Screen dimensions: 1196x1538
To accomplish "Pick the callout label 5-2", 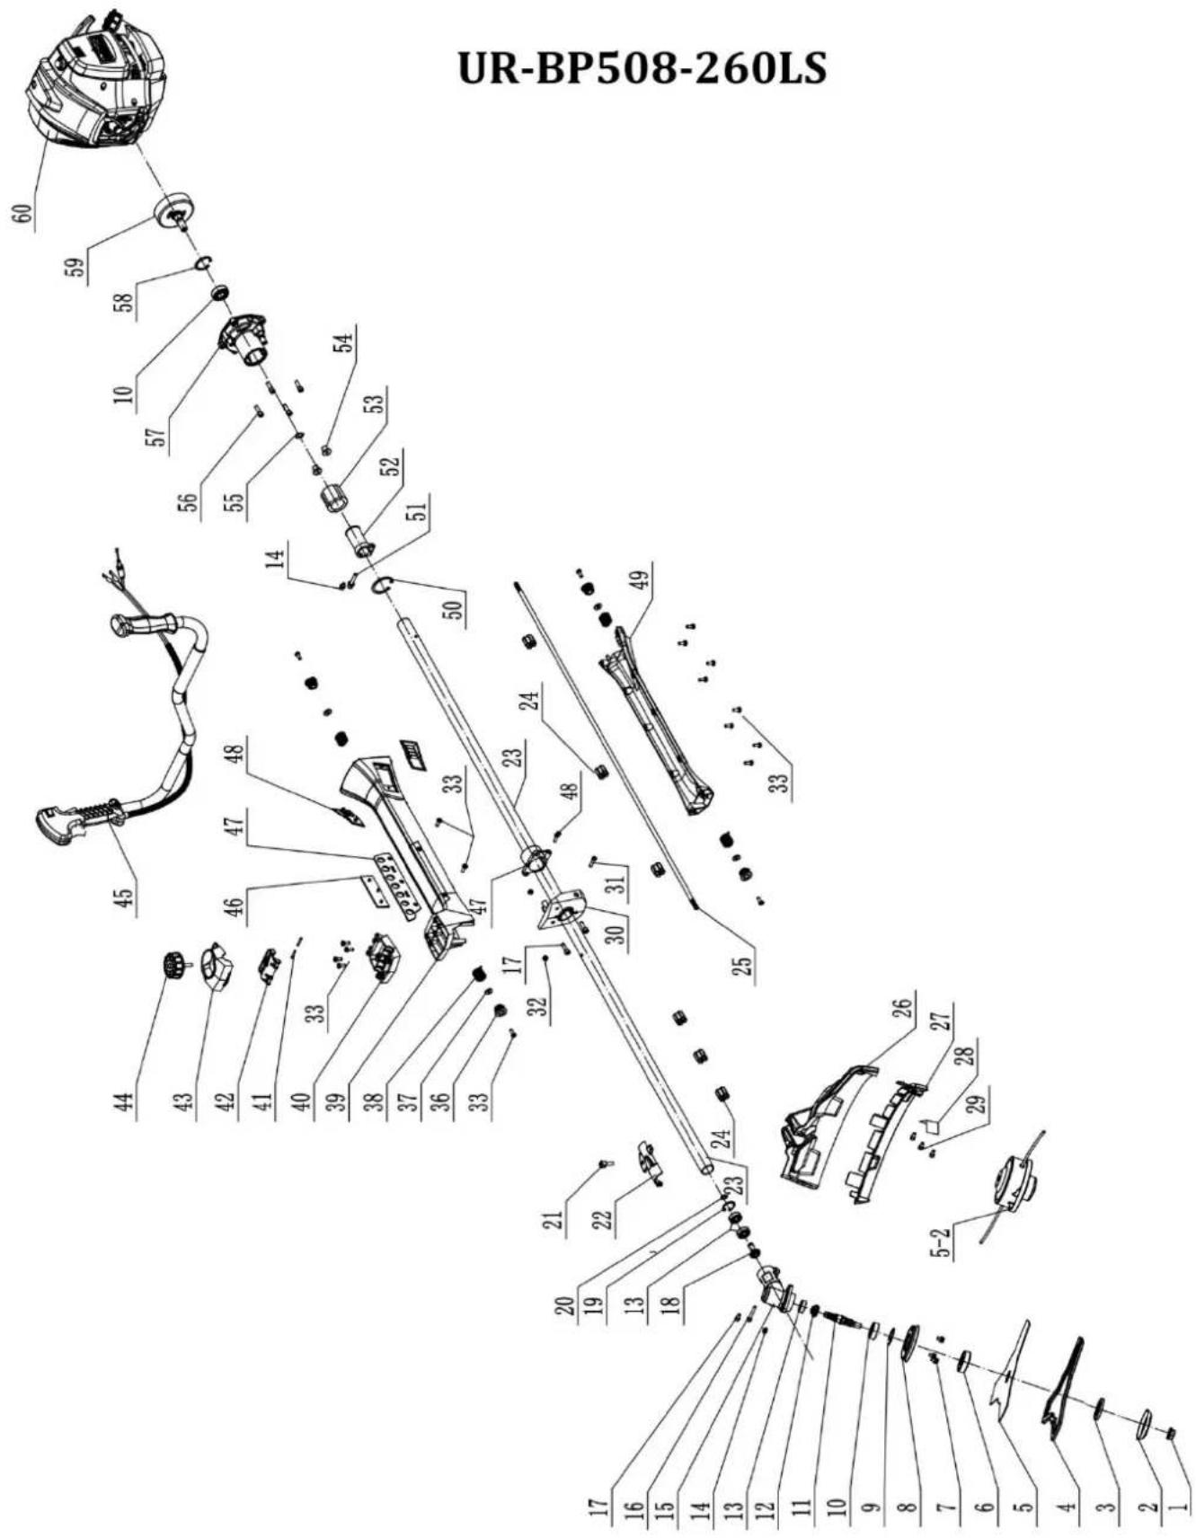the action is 942,1240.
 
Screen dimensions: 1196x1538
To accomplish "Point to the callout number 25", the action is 744,967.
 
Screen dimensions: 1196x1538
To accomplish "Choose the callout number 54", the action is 344,340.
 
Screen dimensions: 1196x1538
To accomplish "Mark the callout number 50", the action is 456,607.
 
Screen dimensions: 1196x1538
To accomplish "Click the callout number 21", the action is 556,1219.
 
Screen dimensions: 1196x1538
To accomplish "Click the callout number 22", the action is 605,1219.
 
